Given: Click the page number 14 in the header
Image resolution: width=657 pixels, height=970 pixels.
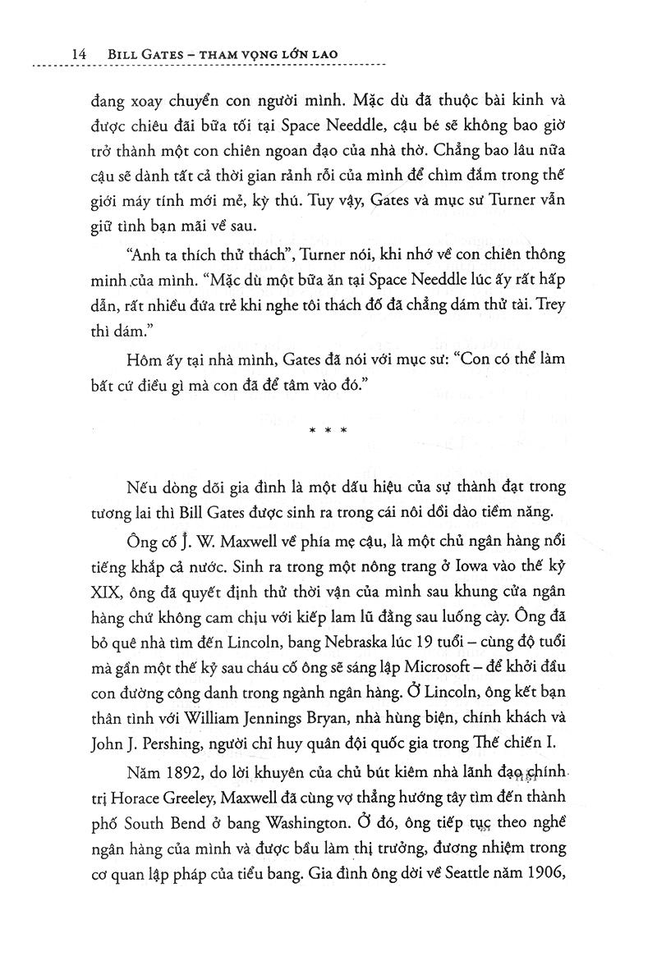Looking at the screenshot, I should click(x=79, y=53).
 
